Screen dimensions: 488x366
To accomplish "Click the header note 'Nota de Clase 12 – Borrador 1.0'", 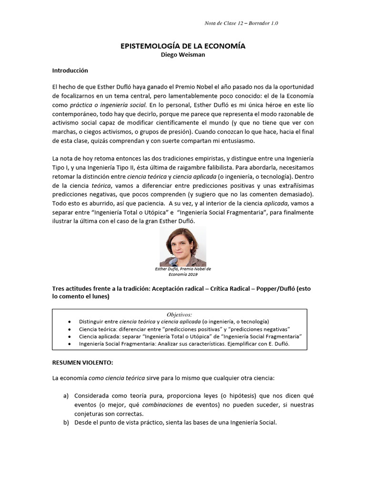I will pos(241,23).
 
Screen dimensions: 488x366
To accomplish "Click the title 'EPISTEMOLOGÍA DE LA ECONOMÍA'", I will pos(183,46).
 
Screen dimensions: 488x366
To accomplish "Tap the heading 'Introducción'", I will pos(70,70).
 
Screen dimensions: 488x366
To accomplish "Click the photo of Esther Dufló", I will pos(183,246).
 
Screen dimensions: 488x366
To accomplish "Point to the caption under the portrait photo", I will pos(183,272).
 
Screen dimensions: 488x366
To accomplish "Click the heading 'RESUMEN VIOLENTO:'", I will pos(82,363).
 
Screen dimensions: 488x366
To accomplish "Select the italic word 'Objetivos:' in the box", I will pos(179,315).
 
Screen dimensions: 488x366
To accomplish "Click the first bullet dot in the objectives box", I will pos(71,322).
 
